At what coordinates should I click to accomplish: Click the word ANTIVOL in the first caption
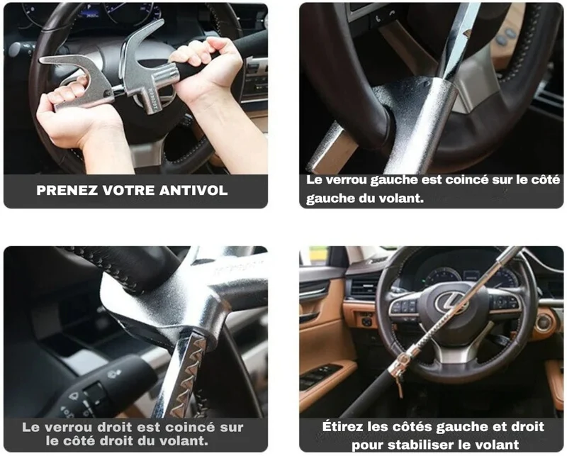(x=193, y=190)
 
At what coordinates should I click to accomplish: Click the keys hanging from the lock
(x=400, y=384)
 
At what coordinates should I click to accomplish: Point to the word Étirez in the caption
(x=343, y=426)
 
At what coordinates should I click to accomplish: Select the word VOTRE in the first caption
(x=128, y=190)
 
